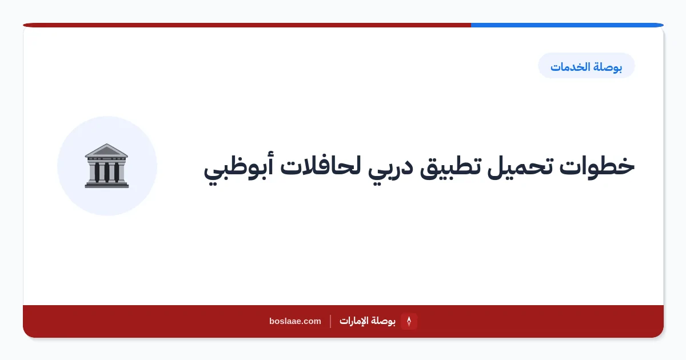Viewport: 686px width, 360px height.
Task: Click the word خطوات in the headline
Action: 597,167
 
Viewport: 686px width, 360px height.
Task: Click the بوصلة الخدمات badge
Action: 586,66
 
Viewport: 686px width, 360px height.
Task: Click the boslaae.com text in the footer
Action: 295,321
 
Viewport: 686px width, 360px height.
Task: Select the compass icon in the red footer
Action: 409,321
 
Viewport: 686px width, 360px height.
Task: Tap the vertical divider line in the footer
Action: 330,321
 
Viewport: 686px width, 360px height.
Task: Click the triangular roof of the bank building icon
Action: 106,150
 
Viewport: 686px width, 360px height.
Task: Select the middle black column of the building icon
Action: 106,172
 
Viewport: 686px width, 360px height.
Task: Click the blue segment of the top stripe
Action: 567,25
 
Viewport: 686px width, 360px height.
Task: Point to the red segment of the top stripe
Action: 247,25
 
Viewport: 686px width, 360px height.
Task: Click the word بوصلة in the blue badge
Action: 608,67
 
